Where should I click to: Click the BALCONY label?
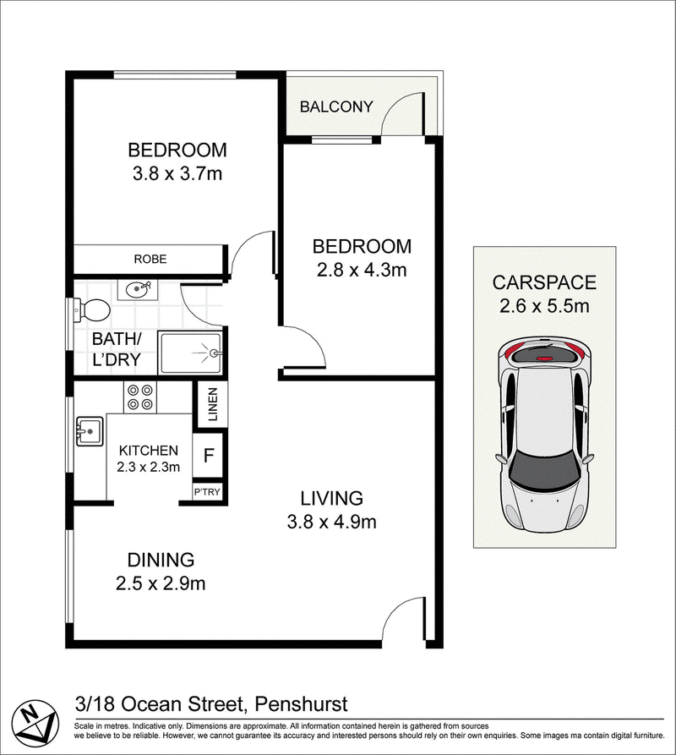pos(336,107)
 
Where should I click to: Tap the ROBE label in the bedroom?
pos(150,259)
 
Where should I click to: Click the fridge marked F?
pos(209,455)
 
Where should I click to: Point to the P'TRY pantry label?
pos(207,491)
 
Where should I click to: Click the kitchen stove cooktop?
pos(140,397)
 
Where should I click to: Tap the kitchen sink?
pos(89,431)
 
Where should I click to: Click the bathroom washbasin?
pos(138,290)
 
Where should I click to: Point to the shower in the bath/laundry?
pos(190,353)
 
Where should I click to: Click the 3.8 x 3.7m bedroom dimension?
pos(177,173)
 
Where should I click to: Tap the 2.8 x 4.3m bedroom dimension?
pos(362,270)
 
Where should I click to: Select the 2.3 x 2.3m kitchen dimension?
pos(148,467)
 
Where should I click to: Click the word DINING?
pos(161,560)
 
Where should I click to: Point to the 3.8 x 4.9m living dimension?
pos(331,522)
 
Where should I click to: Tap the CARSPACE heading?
pos(544,282)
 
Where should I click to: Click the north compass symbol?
pos(35,721)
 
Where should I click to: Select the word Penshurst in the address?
pos(301,704)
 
